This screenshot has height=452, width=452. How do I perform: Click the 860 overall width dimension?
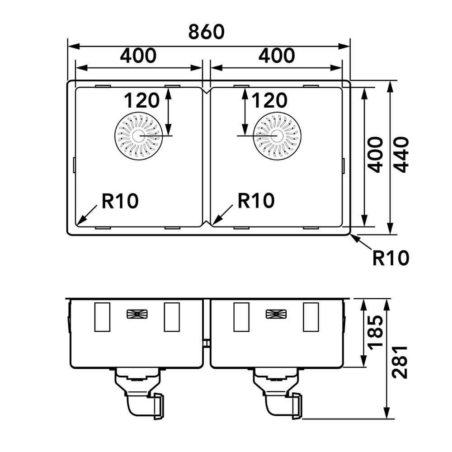(207, 32)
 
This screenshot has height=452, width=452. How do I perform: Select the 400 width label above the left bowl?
(138, 56)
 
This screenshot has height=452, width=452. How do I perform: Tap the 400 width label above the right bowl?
(277, 56)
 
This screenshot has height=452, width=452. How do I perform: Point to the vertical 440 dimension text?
(401, 155)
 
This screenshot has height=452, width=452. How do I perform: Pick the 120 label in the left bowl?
(141, 100)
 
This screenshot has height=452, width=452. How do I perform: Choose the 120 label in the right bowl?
(269, 100)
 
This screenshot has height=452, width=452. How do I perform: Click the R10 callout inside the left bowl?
(120, 201)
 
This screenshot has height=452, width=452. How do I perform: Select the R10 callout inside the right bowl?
(256, 201)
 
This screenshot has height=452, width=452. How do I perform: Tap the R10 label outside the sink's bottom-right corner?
(391, 258)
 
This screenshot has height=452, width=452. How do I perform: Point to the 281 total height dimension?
(400, 362)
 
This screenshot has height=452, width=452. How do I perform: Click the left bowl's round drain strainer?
(138, 136)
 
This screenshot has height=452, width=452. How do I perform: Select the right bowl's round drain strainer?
(277, 136)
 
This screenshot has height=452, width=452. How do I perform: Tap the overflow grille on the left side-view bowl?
(137, 314)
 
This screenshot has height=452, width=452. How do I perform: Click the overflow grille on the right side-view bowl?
(276, 314)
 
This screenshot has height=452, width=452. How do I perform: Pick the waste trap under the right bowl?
(278, 394)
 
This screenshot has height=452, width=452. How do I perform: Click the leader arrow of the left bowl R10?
(87, 215)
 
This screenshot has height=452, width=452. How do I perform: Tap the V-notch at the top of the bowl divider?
(207, 92)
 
